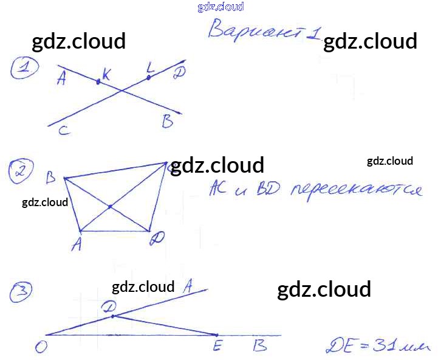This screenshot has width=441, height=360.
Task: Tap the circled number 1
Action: coord(24,69)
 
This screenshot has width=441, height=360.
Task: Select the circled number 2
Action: coord(21,172)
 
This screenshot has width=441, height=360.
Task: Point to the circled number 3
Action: coord(21,293)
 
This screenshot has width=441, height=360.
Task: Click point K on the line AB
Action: coord(98,81)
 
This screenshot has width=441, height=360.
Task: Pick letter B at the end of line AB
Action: coord(168,122)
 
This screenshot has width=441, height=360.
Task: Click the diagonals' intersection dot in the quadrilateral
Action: coord(110,207)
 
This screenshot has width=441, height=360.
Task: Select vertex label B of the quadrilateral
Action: coord(51,178)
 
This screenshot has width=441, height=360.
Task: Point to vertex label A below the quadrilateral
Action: coord(76,244)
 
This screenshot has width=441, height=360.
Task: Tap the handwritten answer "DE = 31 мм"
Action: coord(377,347)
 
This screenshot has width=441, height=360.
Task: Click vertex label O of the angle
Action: coord(41,347)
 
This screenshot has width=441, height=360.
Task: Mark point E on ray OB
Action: coord(217,335)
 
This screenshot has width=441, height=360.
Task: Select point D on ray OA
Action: coord(112,316)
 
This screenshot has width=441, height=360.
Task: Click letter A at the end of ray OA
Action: coord(188,284)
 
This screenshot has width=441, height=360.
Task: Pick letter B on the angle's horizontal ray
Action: coord(259,346)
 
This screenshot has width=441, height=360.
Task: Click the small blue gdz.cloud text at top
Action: coord(220,7)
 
